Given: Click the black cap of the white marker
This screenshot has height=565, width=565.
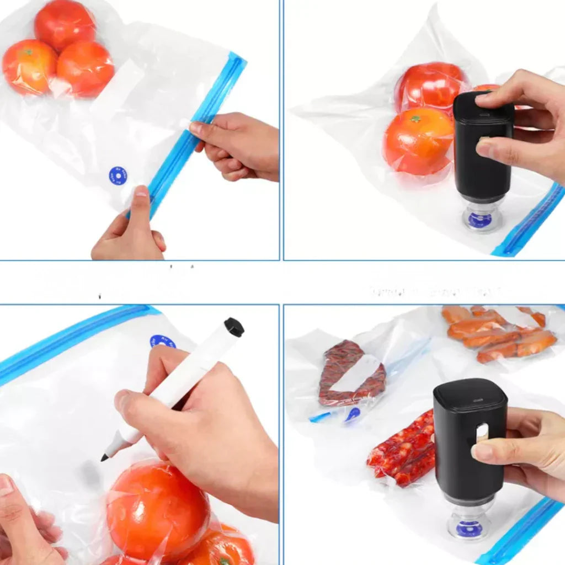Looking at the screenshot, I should click(234, 327).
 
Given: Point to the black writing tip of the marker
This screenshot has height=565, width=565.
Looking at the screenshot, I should click(104, 457).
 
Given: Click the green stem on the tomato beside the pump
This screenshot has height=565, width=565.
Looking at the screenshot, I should click(415, 118).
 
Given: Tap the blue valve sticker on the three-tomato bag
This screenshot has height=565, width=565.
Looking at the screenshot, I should click(118, 176).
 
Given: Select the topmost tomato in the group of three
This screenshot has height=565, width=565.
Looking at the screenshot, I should click(65, 25).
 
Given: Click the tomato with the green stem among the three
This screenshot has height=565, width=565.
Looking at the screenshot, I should click(28, 66).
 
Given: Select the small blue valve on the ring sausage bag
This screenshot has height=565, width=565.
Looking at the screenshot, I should click(352, 414).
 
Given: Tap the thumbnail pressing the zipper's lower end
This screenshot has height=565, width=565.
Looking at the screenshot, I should click(141, 191).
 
